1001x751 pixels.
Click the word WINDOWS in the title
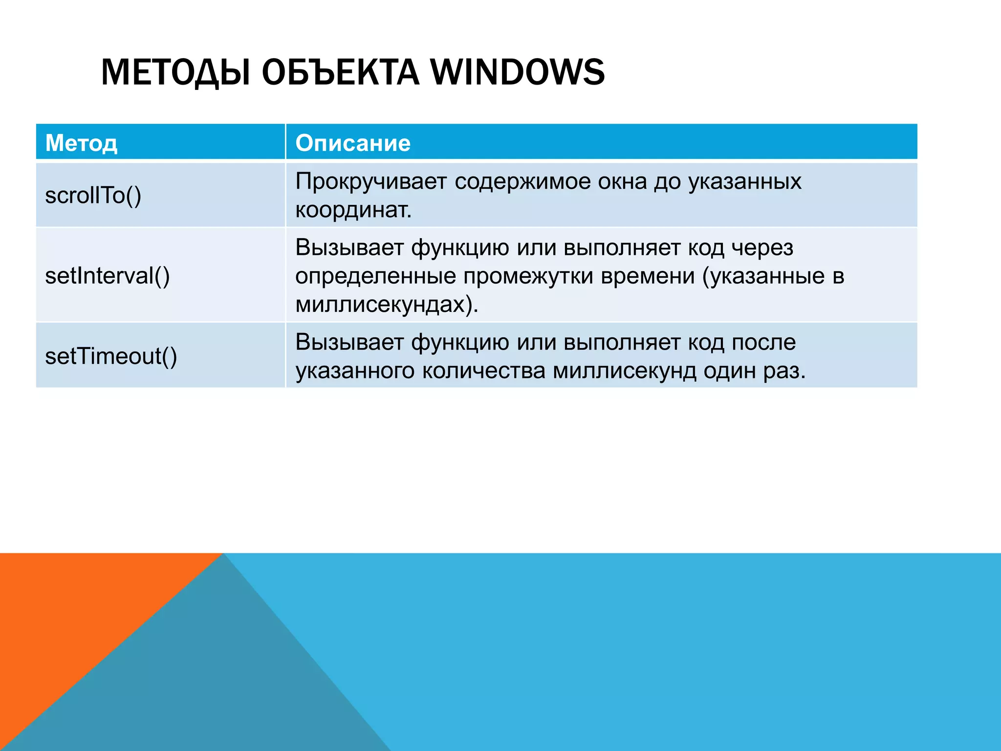(x=517, y=72)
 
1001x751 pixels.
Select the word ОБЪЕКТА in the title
(x=340, y=72)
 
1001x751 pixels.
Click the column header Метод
(x=81, y=143)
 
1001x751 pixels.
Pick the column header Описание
(x=352, y=143)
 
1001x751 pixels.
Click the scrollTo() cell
(x=93, y=196)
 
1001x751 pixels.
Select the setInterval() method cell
(x=107, y=276)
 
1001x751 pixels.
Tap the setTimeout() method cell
(x=111, y=356)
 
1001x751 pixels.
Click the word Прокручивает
(x=371, y=182)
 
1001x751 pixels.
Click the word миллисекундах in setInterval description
(x=381, y=305)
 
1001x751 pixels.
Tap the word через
(x=762, y=248)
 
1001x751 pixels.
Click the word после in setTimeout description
(x=763, y=342)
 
